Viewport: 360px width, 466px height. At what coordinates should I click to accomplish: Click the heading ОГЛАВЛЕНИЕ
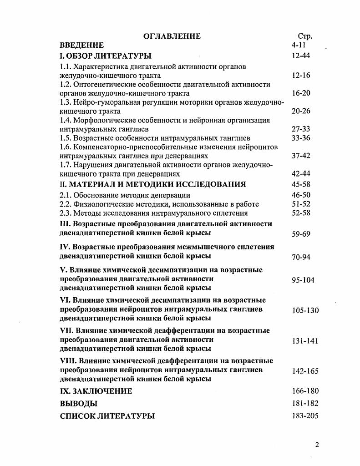[172, 36]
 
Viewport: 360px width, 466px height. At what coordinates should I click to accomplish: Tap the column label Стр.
[305, 36]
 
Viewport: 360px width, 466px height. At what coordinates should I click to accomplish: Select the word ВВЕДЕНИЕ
[82, 45]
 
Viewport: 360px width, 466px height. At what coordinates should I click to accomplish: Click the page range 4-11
[301, 45]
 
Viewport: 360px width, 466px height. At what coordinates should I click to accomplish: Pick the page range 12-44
[301, 56]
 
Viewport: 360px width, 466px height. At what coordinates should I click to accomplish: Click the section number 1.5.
[66, 138]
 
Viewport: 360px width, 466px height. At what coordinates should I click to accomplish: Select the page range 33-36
[301, 138]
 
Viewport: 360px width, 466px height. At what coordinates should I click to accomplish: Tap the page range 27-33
[301, 129]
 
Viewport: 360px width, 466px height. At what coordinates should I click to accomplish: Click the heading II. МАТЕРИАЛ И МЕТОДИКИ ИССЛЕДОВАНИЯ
[153, 184]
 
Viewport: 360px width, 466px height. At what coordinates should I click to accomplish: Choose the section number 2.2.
[66, 204]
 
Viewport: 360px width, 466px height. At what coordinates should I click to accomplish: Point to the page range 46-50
[301, 195]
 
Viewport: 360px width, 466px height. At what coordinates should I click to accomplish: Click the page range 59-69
[301, 234]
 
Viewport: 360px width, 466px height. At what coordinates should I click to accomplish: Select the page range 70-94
[301, 257]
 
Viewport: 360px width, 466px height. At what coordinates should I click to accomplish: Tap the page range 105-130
[305, 310]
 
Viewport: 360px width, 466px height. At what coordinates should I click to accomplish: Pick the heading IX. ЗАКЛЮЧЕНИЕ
[96, 391]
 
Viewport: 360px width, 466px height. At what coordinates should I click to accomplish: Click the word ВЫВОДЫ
[79, 404]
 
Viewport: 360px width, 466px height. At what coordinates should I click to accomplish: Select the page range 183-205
[305, 415]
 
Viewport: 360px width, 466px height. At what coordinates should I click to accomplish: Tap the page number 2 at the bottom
[317, 445]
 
